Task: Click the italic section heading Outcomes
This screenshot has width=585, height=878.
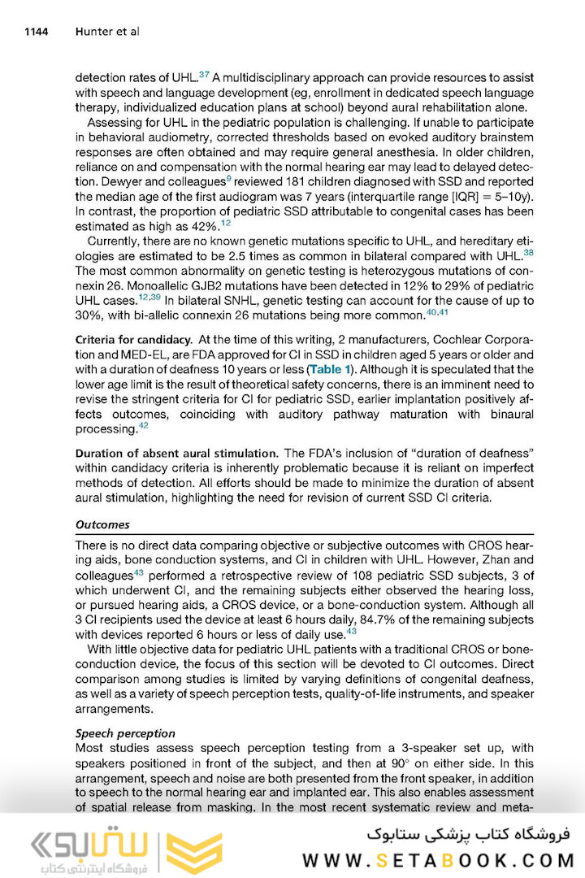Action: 102,525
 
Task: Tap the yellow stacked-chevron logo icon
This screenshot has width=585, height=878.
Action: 194,853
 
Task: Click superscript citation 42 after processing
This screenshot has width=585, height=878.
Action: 143,425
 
